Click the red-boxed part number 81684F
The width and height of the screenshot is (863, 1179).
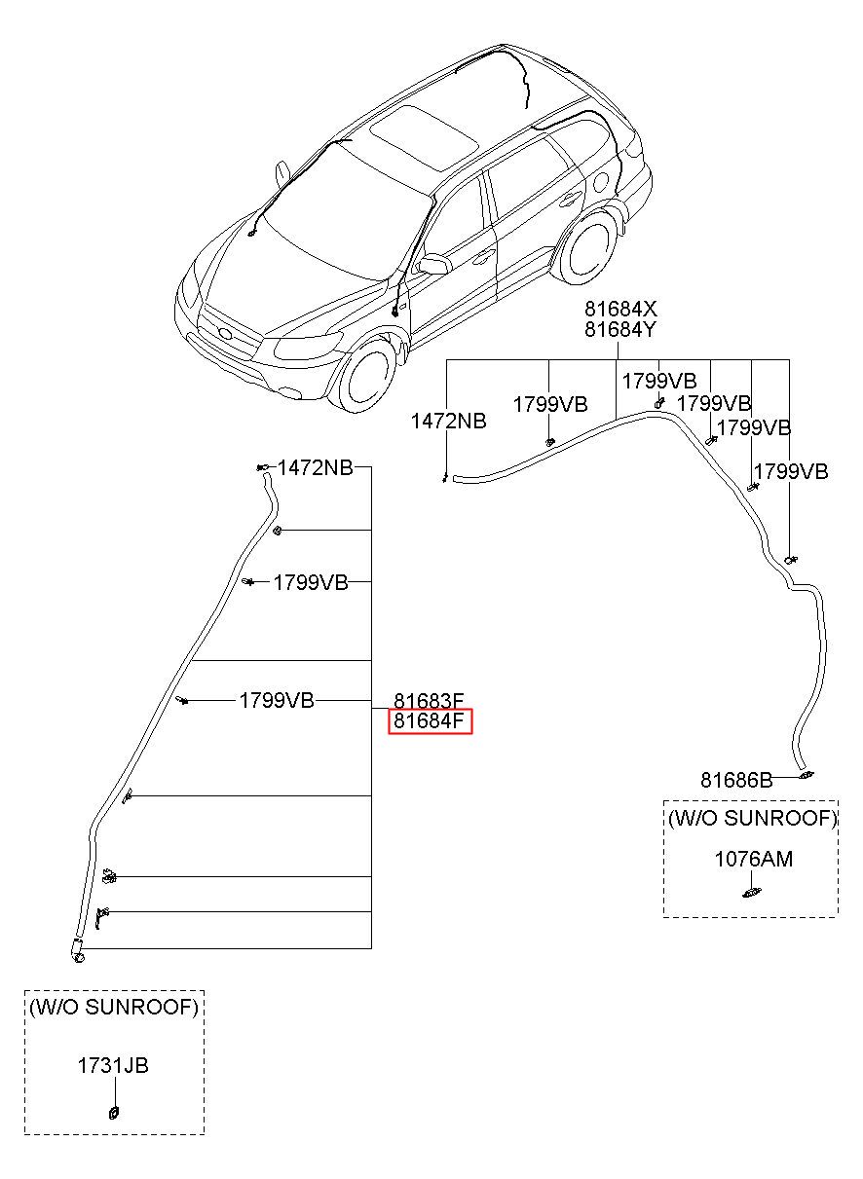(x=429, y=720)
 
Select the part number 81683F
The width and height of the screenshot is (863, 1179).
(x=429, y=701)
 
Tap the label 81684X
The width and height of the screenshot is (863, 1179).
(x=620, y=308)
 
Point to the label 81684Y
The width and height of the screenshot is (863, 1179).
(x=620, y=329)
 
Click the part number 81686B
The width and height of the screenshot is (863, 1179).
(x=736, y=780)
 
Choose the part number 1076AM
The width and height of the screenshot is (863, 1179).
(x=753, y=860)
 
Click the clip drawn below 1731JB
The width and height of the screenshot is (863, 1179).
(x=113, y=1113)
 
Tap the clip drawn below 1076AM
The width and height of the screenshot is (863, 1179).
(x=751, y=892)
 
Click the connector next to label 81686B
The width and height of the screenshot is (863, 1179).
(x=807, y=775)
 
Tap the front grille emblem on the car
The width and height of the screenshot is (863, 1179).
(x=225, y=333)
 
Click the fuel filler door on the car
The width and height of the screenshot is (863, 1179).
(x=600, y=184)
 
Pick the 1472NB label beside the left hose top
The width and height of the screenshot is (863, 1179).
(x=315, y=467)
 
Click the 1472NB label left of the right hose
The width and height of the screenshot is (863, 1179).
(x=448, y=421)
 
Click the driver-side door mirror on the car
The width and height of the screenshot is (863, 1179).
(x=432, y=264)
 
